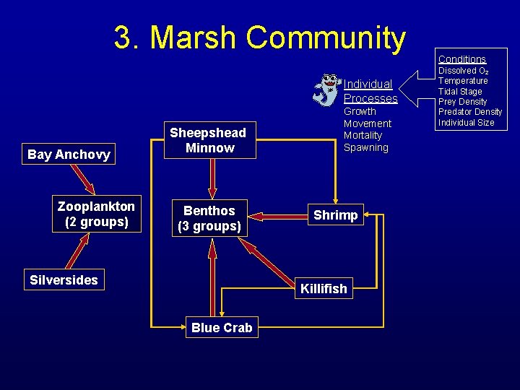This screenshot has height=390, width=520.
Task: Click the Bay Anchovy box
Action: click(x=69, y=154)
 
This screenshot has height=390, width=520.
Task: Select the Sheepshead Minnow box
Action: click(x=207, y=140)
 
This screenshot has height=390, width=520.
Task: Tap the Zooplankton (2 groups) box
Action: click(x=96, y=214)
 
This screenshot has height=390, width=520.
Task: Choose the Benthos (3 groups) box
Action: click(x=209, y=218)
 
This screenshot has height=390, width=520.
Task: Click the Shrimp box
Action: click(x=335, y=215)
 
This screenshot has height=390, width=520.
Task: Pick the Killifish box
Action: click(x=324, y=289)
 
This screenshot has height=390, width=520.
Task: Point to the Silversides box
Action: click(x=64, y=280)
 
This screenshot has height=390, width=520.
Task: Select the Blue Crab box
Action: click(x=222, y=327)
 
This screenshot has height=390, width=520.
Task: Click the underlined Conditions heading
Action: click(x=462, y=58)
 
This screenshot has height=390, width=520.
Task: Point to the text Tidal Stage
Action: click(x=460, y=92)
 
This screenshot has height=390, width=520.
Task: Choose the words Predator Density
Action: click(x=470, y=112)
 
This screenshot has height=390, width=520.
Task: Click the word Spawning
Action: click(x=365, y=147)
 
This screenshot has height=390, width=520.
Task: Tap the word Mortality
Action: click(x=363, y=135)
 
